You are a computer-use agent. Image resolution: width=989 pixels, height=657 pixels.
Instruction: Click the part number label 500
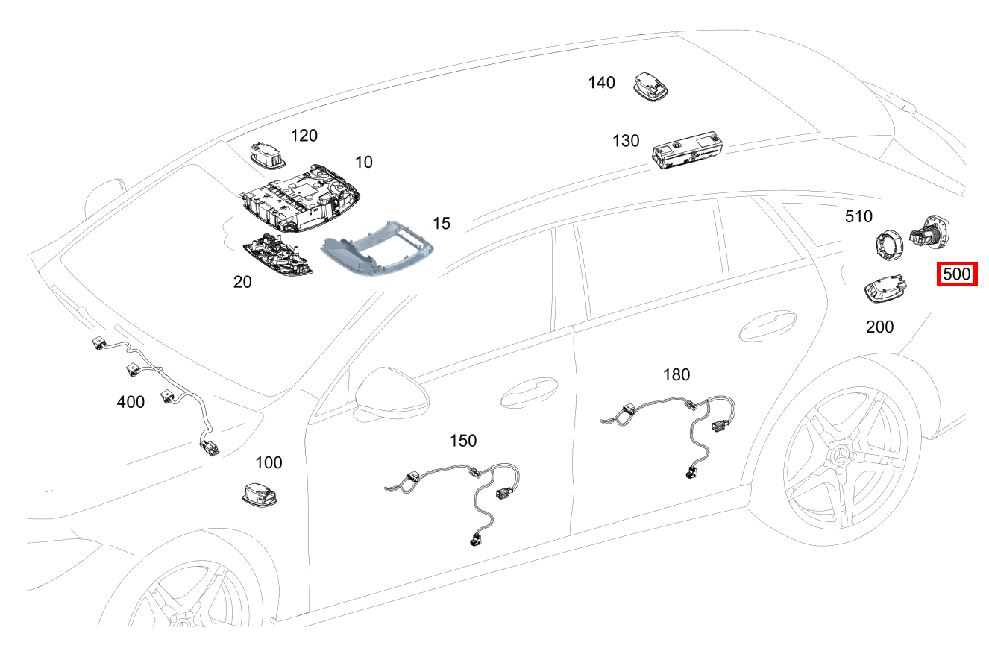click(956, 274)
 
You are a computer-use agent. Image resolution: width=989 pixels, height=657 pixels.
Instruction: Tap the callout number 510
click(858, 216)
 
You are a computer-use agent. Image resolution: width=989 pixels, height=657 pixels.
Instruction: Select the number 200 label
click(879, 327)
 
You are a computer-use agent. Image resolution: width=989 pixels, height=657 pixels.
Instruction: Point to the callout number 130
click(626, 140)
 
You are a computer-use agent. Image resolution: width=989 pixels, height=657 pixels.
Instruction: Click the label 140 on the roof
click(601, 82)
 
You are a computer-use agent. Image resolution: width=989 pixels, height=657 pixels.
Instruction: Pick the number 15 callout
click(441, 223)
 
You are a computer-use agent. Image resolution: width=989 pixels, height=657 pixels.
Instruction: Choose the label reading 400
click(131, 402)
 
